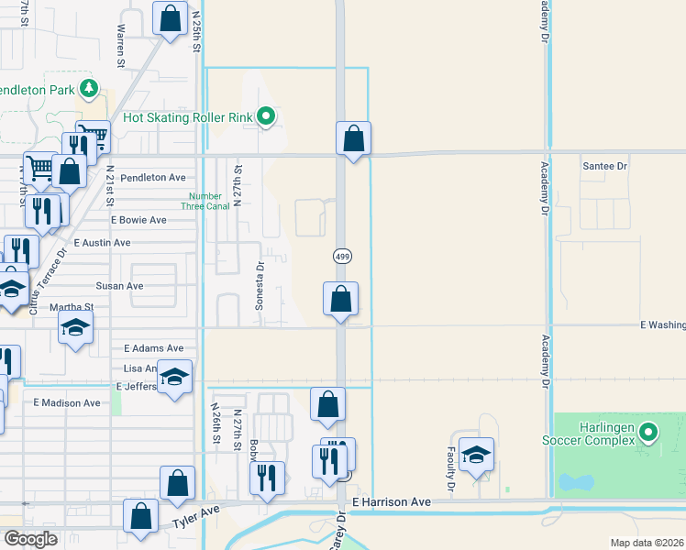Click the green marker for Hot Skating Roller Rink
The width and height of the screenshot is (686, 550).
tap(266, 116)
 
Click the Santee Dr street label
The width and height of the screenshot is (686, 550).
tap(604, 166)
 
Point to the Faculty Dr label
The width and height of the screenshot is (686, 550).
tap(451, 476)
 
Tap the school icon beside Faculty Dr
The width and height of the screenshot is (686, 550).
tap(476, 455)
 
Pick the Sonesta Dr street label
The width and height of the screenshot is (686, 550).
tap(260, 285)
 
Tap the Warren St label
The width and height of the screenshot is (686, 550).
tap(120, 46)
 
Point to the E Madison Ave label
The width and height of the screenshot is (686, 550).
tap(67, 402)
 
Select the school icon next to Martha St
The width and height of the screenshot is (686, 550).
tap(76, 327)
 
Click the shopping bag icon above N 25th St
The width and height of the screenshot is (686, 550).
tap(170, 17)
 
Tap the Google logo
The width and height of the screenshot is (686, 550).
tap(30, 539)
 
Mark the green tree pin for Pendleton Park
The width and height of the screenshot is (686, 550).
tap(89, 89)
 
